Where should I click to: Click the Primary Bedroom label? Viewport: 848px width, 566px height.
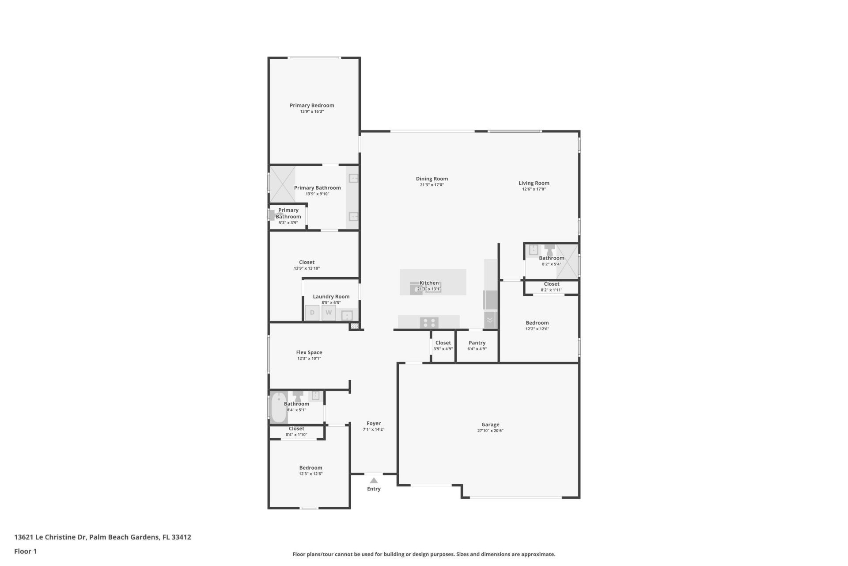coord(312,105)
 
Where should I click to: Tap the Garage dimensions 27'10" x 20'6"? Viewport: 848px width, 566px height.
coord(490,431)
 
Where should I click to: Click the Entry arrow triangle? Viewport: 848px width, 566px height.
coord(374,481)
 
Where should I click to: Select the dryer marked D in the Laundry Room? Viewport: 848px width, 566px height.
coord(312,313)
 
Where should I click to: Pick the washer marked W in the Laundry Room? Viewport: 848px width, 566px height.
coord(329,313)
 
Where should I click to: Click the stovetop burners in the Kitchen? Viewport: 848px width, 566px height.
coord(429,323)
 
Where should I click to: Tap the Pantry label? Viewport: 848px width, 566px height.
coord(477,343)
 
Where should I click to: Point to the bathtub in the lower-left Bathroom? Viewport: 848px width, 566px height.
coord(279,407)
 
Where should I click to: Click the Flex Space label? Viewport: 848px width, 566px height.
coord(309,352)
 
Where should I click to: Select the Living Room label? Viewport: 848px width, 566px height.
coord(534,183)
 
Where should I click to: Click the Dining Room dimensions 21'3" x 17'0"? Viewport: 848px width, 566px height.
coord(432,185)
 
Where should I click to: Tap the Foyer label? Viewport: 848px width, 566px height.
coord(374,423)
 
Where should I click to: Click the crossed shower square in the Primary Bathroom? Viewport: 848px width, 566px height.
coord(282,184)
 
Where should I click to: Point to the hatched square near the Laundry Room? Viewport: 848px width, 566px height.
coord(354,326)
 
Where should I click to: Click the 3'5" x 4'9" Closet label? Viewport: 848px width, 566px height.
coord(443,343)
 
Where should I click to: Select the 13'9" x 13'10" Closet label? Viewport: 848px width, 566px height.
coord(307,262)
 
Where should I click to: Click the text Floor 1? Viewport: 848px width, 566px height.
coord(26,551)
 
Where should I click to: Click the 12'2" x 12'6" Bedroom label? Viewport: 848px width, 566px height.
coord(537,323)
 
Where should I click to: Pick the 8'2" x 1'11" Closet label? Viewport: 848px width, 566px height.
coord(551,284)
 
